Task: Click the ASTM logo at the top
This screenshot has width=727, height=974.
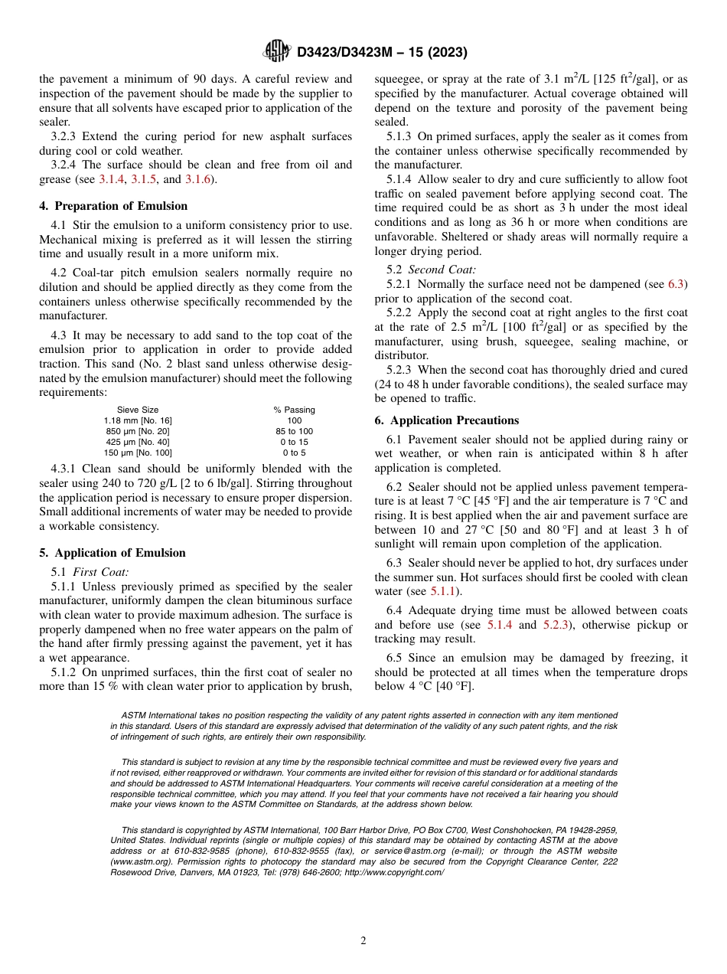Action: [x=276, y=51]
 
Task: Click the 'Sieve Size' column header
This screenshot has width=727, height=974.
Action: [x=138, y=410]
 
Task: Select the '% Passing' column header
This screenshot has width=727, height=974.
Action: [x=294, y=410]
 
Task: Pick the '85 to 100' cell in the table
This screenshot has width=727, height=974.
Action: [x=294, y=431]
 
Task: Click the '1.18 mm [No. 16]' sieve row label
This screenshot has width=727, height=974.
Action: [x=138, y=420]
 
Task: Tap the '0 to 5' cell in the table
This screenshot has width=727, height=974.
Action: [x=294, y=453]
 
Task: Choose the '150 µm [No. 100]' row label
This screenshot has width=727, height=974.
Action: [x=138, y=453]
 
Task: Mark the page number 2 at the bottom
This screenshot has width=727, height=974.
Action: [x=363, y=941]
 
